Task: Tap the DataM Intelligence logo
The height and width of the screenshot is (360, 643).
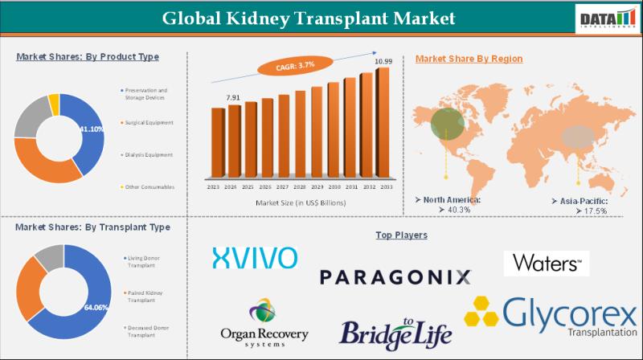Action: click(604, 18)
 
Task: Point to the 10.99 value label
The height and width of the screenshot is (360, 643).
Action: click(384, 62)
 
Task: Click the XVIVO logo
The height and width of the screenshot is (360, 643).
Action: click(255, 257)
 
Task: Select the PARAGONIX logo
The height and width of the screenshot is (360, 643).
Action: click(395, 277)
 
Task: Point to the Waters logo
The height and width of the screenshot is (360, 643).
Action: click(547, 263)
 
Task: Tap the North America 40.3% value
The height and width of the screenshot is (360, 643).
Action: click(442, 210)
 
